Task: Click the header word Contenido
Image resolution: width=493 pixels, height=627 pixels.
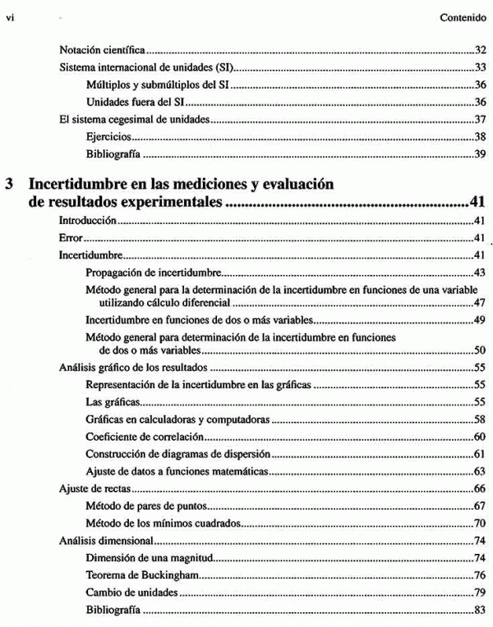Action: pos(464,15)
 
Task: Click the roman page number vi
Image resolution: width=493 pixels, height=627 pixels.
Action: pos(11,15)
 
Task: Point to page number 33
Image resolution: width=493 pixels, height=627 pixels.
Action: pos(481,67)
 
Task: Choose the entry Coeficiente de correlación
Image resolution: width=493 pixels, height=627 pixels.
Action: pos(141,437)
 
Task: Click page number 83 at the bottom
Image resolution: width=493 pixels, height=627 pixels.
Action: pos(481,610)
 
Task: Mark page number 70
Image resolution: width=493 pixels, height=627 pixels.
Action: pos(481,524)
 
